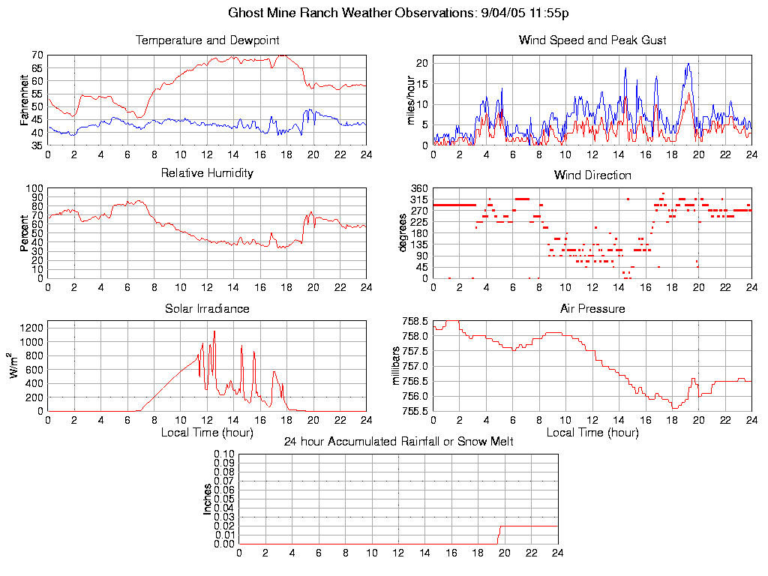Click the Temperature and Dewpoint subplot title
207,40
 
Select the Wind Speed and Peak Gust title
592,40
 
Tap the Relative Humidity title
207,173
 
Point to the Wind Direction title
592,175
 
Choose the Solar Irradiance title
207,309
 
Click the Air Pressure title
592,309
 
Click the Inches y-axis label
208,499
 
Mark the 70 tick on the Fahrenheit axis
37,55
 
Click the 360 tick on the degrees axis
418,188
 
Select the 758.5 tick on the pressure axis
415,322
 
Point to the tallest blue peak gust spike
688,64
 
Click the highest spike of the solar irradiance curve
214,331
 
